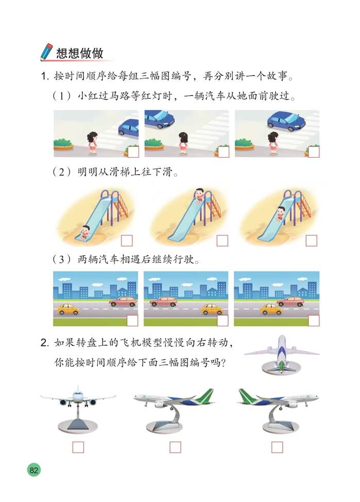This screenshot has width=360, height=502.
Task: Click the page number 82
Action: click(x=34, y=470)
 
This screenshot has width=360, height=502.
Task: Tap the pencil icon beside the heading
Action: click(x=46, y=52)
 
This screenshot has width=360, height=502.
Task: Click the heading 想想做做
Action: click(x=80, y=53)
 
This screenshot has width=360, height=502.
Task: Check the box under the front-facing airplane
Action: click(x=78, y=447)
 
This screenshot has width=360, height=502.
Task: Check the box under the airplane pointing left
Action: click(x=175, y=447)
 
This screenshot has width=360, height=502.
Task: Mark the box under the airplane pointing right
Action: click(x=277, y=447)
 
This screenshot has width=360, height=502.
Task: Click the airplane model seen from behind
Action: click(x=282, y=353)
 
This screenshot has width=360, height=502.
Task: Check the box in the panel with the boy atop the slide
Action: click(x=222, y=240)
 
